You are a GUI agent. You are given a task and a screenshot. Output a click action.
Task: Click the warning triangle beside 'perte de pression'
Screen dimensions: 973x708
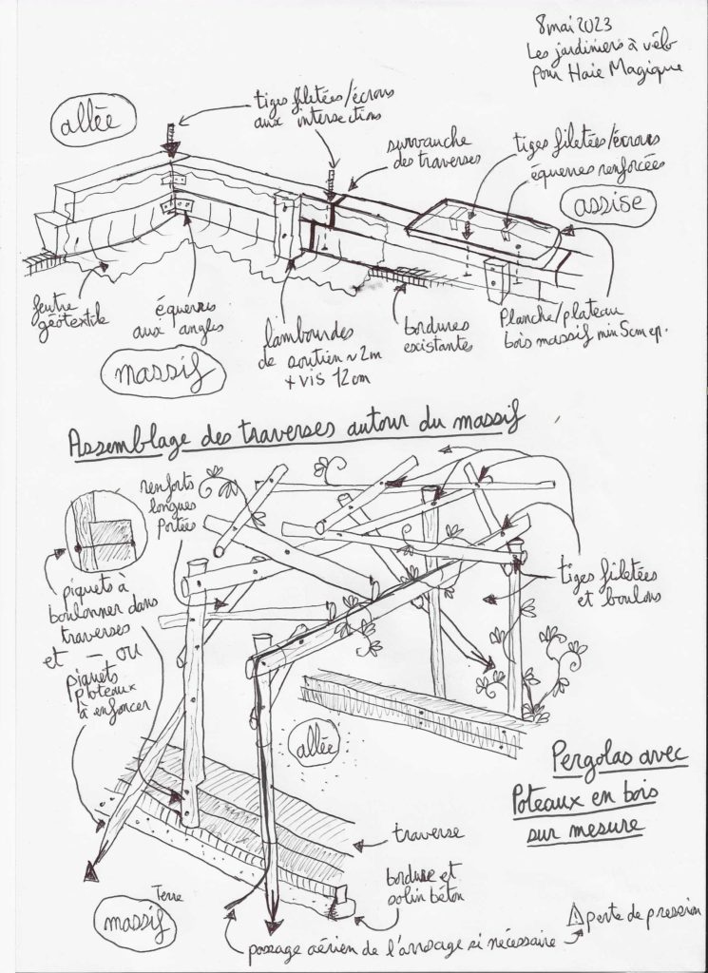click(573, 917)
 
